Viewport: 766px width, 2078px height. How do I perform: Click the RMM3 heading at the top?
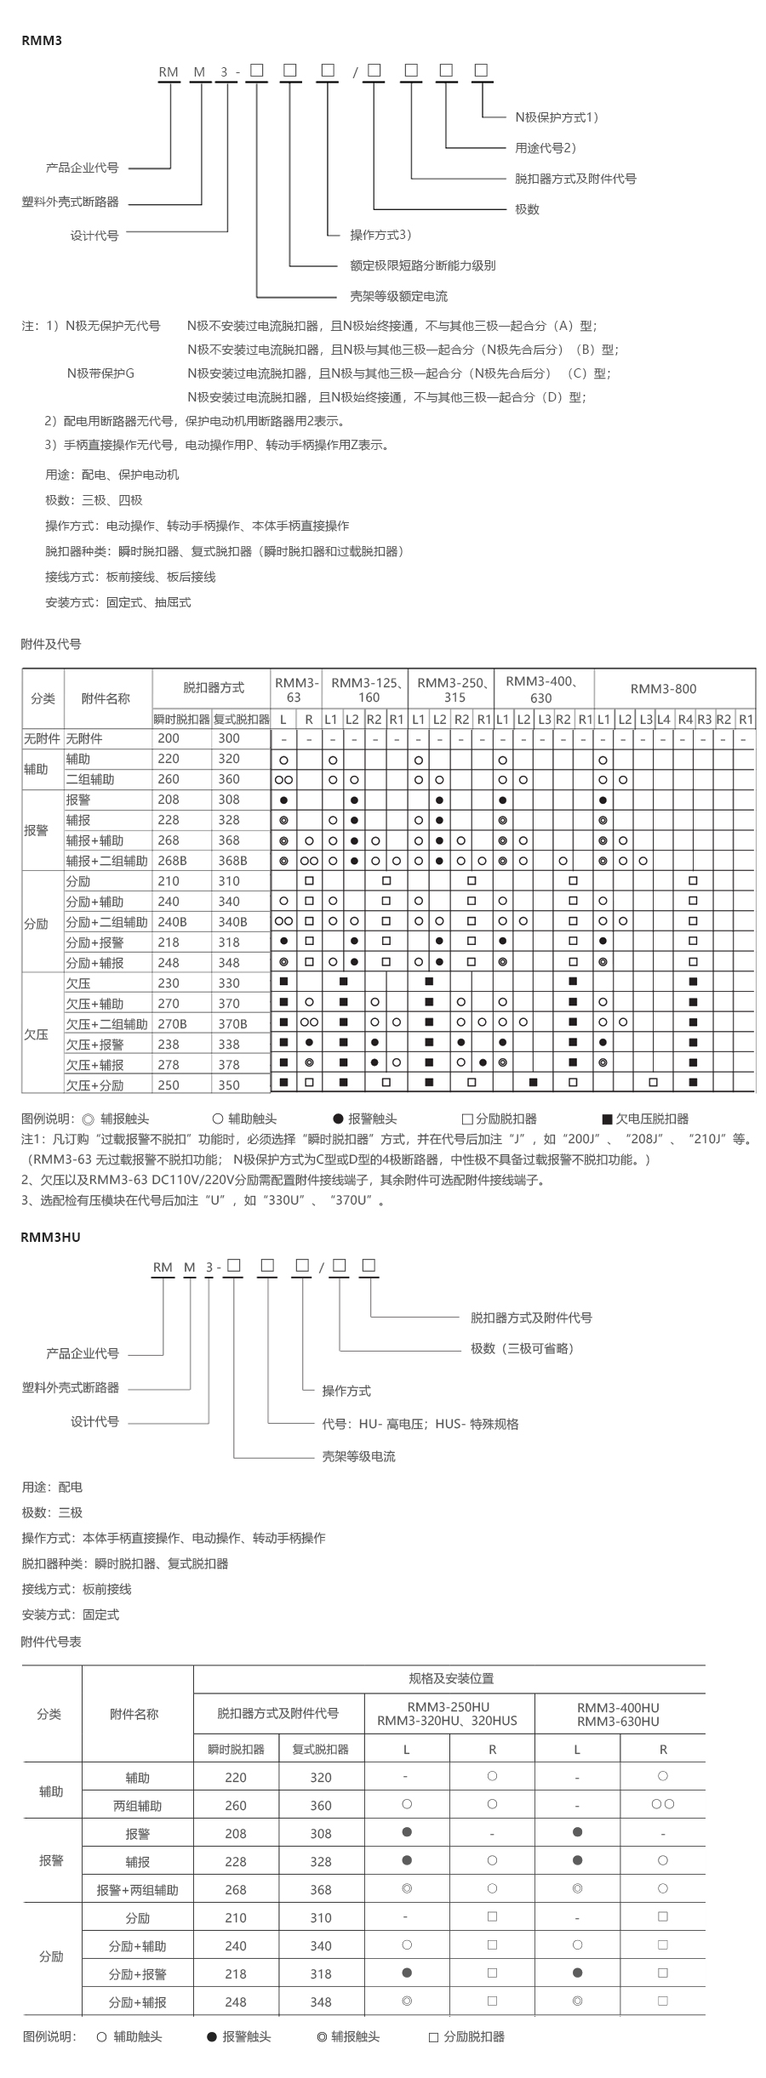(42, 40)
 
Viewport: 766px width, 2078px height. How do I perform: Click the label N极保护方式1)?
(557, 117)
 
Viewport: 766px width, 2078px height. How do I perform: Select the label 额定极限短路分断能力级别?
(422, 265)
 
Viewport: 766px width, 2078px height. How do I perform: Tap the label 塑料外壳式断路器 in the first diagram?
(70, 202)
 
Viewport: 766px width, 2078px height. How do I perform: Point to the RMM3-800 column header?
(663, 689)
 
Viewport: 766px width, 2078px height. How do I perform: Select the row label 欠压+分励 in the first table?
(94, 1085)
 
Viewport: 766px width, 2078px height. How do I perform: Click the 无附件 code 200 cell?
(169, 738)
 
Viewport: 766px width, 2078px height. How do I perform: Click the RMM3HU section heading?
(50, 1237)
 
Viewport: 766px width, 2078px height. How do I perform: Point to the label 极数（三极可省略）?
(522, 1348)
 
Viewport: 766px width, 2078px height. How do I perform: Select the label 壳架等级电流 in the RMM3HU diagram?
(358, 1456)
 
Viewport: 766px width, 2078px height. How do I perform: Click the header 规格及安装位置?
(451, 1678)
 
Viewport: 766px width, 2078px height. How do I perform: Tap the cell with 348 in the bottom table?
(321, 2002)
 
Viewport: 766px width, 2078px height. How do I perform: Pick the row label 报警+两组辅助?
(137, 1890)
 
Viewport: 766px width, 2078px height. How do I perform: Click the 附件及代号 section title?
(51, 644)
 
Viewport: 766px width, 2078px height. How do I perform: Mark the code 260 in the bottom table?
(236, 1806)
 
